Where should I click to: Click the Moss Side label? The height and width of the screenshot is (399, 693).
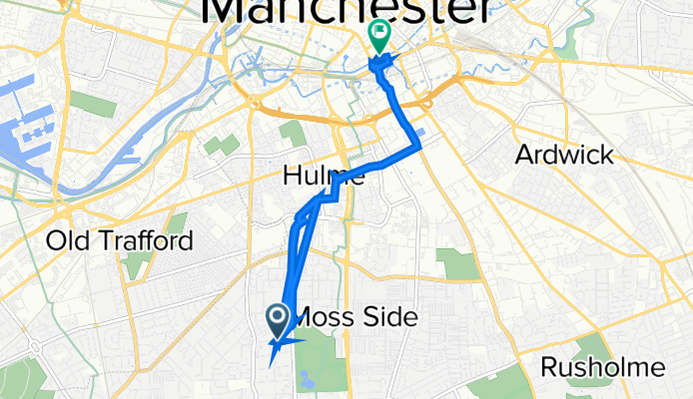click(x=355, y=316)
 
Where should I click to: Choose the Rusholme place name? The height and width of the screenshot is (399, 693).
click(x=602, y=367)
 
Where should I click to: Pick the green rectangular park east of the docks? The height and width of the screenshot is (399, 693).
click(x=92, y=105)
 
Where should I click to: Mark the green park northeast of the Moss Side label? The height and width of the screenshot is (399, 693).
click(x=457, y=263)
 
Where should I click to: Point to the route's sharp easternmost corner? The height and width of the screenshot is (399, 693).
click(x=419, y=148)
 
